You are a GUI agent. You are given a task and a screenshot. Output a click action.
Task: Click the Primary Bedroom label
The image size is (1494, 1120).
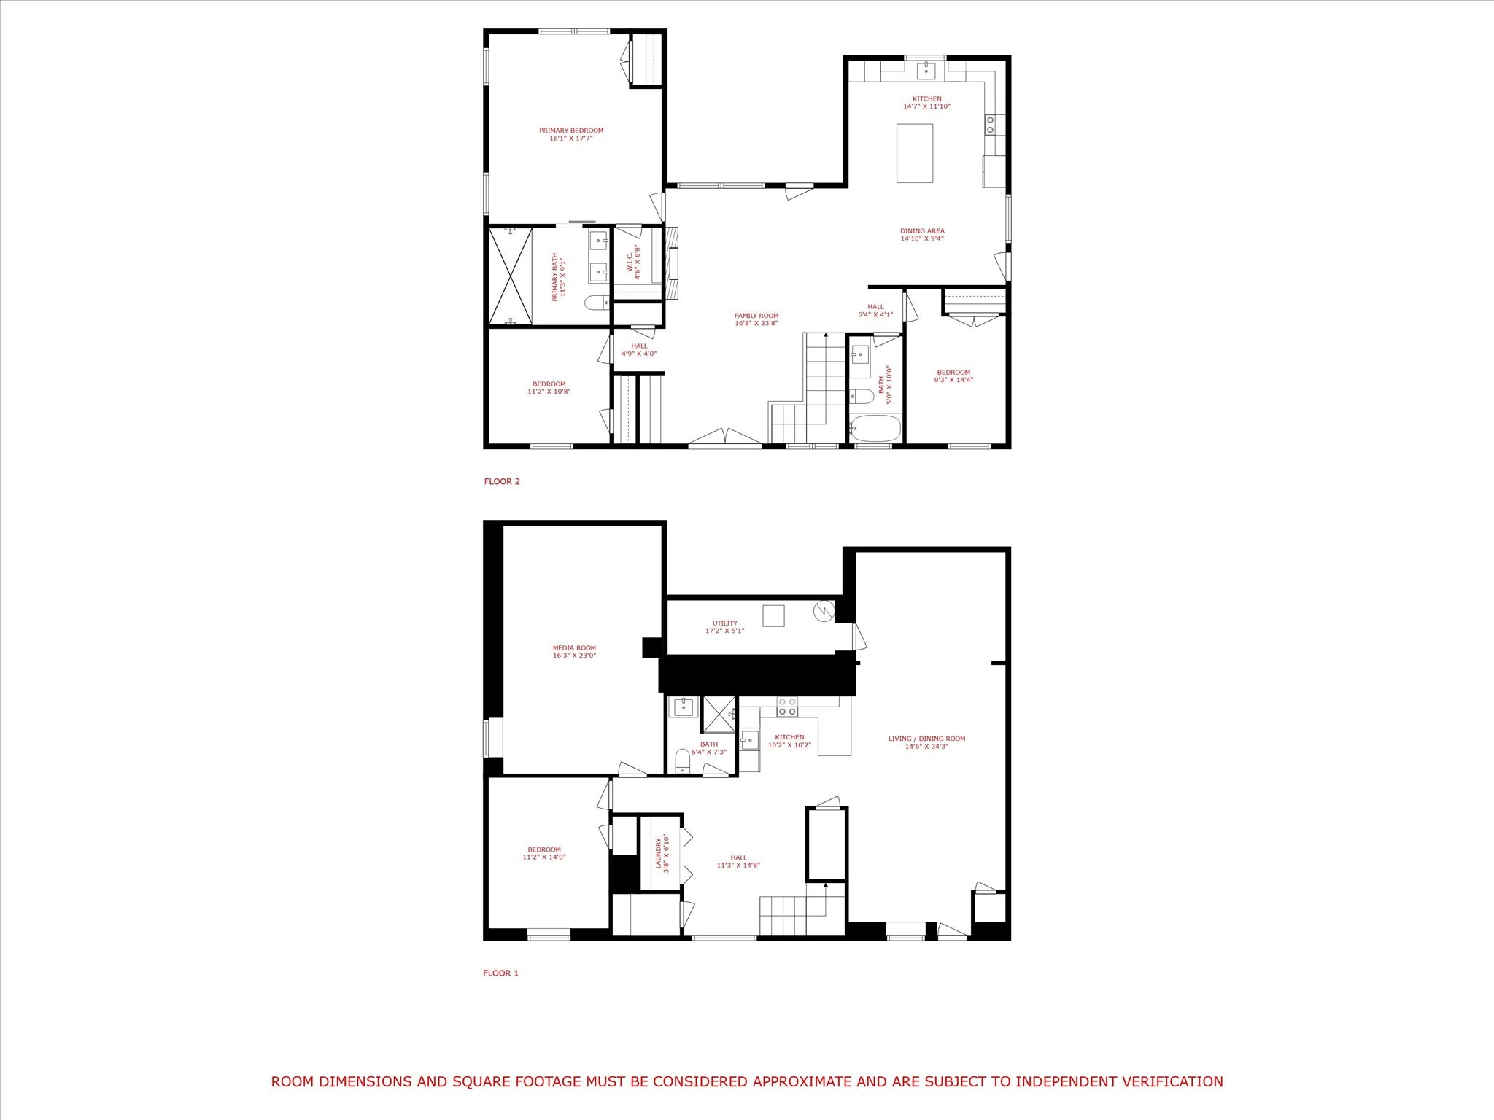(571, 131)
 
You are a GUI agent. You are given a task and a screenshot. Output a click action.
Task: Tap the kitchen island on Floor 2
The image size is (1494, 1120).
(915, 153)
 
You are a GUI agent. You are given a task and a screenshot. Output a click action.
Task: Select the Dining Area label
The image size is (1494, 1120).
(922, 231)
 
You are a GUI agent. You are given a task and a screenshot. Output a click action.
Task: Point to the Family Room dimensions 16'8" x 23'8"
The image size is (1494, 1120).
(756, 323)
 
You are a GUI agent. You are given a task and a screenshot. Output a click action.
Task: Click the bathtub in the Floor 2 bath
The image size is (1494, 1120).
(875, 428)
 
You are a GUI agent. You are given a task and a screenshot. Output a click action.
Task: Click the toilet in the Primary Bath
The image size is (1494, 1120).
(597, 302)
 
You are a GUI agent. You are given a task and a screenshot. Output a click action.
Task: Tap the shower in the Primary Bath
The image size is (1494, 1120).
(511, 275)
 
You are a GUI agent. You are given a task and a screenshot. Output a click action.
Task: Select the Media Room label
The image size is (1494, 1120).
(575, 647)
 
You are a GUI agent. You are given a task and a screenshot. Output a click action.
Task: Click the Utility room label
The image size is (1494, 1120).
(724, 623)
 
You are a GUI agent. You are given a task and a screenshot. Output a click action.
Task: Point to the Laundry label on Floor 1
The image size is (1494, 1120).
(658, 852)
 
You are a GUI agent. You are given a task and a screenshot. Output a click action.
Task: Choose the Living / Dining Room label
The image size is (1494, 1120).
(926, 739)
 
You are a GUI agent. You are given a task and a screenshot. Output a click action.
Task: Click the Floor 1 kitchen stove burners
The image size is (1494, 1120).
(787, 707)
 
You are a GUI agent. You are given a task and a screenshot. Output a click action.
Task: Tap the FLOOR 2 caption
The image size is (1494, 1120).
(502, 481)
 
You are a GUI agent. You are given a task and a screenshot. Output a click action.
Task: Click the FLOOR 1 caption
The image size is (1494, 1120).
(501, 973)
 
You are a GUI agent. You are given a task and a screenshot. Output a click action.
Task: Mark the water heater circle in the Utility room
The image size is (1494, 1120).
(823, 610)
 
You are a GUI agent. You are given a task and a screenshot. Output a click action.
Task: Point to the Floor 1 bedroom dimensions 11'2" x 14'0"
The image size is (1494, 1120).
(544, 857)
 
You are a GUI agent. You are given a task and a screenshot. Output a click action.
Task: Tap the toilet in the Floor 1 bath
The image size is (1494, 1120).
(683, 760)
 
